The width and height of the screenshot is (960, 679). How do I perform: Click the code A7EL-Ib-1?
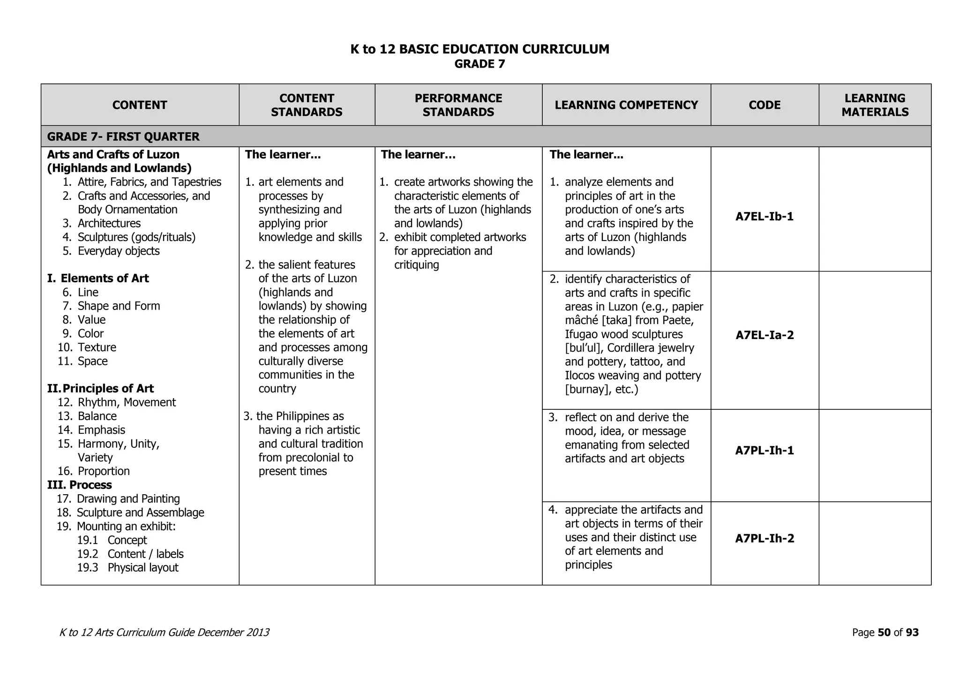tap(764, 216)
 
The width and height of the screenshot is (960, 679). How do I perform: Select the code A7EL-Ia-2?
tap(764, 335)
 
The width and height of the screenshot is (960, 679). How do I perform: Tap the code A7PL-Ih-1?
tap(764, 450)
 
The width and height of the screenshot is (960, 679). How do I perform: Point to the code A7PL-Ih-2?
tap(764, 538)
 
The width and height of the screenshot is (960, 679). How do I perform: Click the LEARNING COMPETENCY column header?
tap(626, 105)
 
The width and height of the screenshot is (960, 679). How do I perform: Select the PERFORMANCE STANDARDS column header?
tap(458, 105)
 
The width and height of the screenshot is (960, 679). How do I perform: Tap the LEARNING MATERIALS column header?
tap(875, 105)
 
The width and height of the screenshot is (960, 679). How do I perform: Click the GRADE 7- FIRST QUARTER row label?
tap(123, 136)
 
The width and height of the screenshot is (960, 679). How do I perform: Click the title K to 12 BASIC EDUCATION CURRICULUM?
tap(480, 49)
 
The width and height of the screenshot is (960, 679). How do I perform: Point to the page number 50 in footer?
tap(884, 633)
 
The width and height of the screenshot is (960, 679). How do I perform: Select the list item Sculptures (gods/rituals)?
tap(136, 237)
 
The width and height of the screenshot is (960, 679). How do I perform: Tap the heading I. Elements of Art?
tap(98, 278)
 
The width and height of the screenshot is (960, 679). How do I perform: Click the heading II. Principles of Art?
tap(101, 388)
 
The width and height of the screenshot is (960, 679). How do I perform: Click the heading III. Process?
tap(80, 485)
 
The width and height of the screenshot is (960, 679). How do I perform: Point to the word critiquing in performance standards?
tap(416, 265)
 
